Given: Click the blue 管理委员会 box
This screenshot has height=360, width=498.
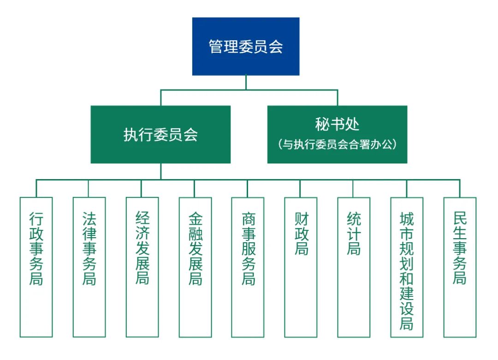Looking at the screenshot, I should pos(246,46).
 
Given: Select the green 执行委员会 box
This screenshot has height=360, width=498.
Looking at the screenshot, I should pos(160,134).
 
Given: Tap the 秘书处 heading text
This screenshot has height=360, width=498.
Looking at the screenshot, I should pos(337,125).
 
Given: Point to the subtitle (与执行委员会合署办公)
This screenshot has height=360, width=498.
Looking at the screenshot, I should pos(337,144).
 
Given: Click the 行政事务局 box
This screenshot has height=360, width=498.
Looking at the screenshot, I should pos(36,267).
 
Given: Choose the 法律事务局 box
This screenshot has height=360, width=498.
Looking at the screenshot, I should pos(89,267).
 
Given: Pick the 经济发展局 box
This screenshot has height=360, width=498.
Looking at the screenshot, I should pos(142,267).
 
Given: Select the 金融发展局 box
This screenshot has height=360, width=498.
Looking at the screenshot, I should pos(195,267).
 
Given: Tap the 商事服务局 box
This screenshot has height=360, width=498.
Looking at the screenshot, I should pos(248,267).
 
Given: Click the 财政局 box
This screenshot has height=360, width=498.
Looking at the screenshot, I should pos(301,267).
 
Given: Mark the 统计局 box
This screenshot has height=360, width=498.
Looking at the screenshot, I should pos(354,267).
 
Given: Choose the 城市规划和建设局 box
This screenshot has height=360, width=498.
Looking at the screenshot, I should pos(407,267).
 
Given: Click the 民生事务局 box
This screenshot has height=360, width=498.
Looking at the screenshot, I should pos(460,267).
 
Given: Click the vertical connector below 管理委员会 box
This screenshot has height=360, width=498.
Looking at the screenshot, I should pos(246,82).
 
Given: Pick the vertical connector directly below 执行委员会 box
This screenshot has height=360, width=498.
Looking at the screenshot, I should pos(160,171).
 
